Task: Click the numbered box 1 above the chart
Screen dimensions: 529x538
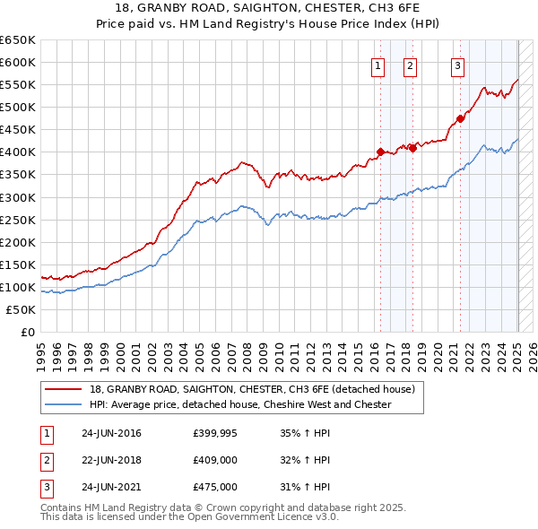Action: pos(377,65)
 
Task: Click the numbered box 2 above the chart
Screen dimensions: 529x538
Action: pos(410,65)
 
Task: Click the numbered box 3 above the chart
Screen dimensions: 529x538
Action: pos(457,65)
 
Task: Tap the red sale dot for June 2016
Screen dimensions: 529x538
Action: pos(380,152)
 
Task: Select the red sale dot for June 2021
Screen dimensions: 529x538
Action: pos(461,117)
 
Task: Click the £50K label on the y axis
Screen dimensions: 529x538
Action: pos(22,309)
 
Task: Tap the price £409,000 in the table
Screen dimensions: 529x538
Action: pos(215,461)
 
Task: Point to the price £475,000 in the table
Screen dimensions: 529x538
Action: pos(215,487)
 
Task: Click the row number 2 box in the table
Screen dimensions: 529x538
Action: pos(46,461)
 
